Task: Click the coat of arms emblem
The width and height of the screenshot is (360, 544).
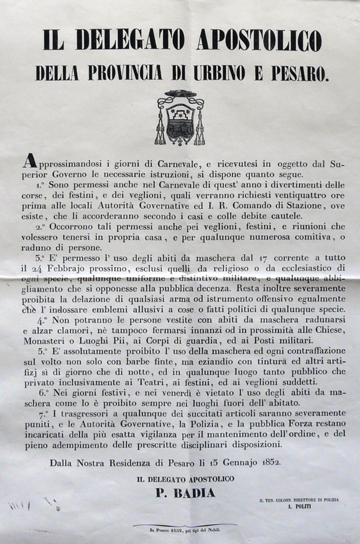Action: point(180,117)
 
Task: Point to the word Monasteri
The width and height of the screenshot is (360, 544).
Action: point(46,341)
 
